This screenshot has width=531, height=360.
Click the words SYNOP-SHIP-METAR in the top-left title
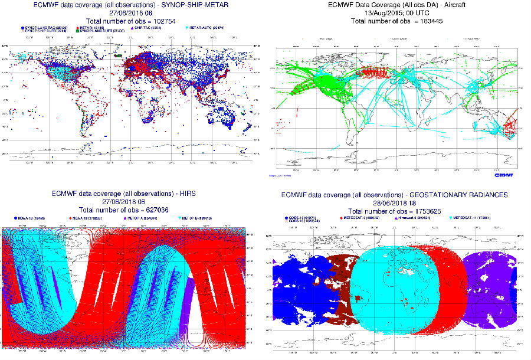point(183,4)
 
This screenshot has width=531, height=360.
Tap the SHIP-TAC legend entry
point(147,27)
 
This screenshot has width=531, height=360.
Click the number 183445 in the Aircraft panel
point(426,21)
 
